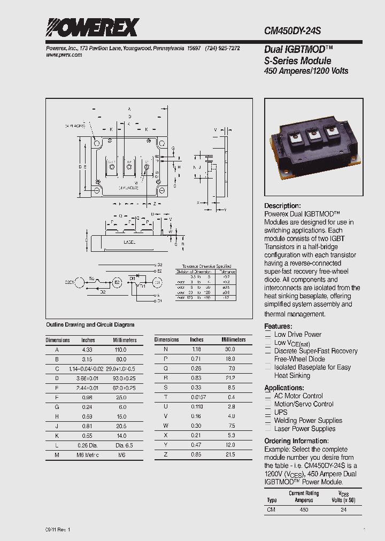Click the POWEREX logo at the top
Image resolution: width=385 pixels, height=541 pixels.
[93, 27]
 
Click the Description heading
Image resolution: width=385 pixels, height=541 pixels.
[282, 206]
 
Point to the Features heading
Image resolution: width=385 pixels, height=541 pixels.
[278, 326]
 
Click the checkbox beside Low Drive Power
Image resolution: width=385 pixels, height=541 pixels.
[268, 335]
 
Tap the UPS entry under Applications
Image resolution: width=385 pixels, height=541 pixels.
[281, 412]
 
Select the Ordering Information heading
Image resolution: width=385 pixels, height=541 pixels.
[296, 441]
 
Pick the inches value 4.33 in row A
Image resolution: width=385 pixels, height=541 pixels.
[88, 349]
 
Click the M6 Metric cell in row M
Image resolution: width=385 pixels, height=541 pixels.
[88, 454]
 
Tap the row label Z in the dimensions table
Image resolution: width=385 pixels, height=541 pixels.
[166, 454]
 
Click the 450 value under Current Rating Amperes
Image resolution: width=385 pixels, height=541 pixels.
[304, 510]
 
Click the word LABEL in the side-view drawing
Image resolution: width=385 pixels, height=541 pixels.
[129, 242]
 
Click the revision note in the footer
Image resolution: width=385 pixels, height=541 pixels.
[58, 529]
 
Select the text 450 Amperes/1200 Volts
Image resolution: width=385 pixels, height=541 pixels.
[306, 71]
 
